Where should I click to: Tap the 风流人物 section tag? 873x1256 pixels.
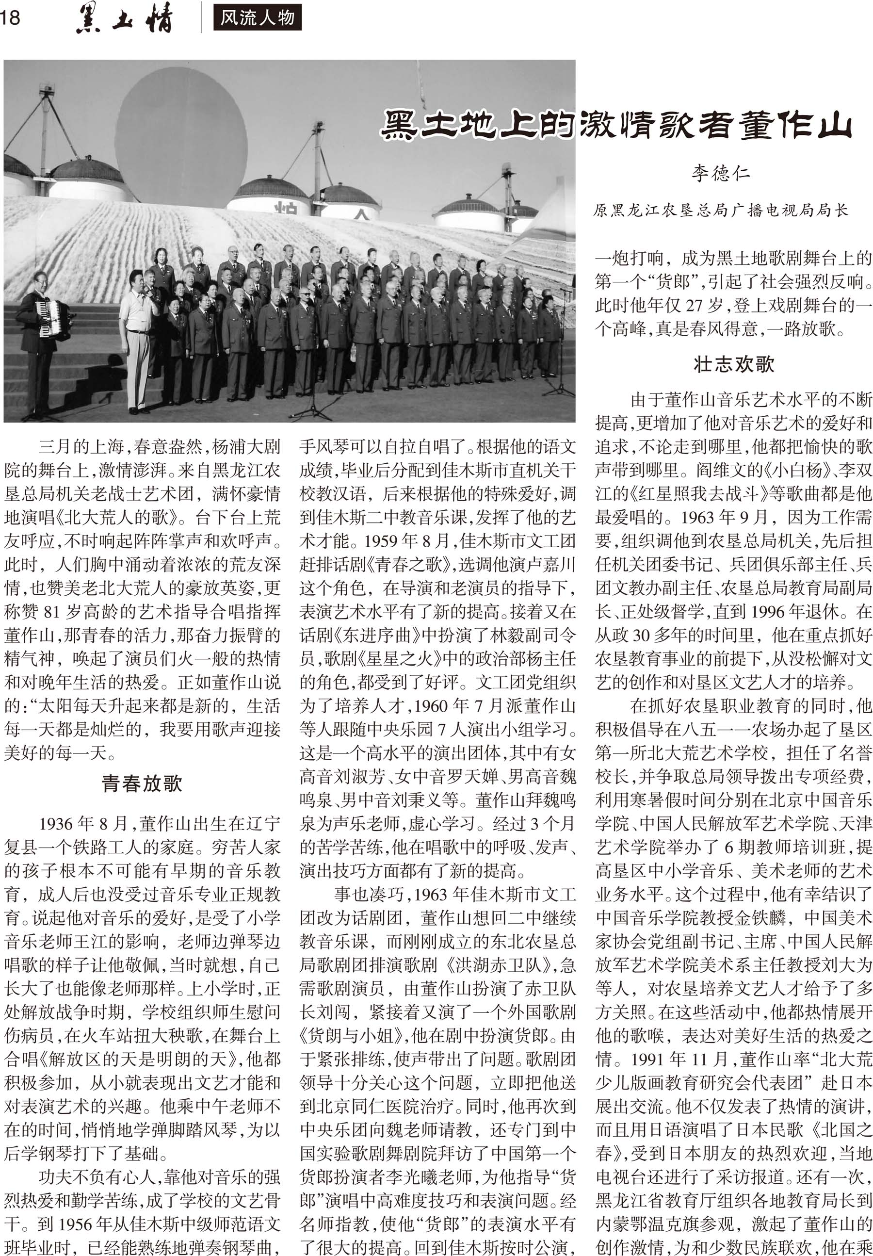tap(257, 18)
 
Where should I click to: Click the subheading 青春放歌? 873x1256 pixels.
tap(142, 783)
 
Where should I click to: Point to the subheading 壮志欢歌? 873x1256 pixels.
tap(733, 364)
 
